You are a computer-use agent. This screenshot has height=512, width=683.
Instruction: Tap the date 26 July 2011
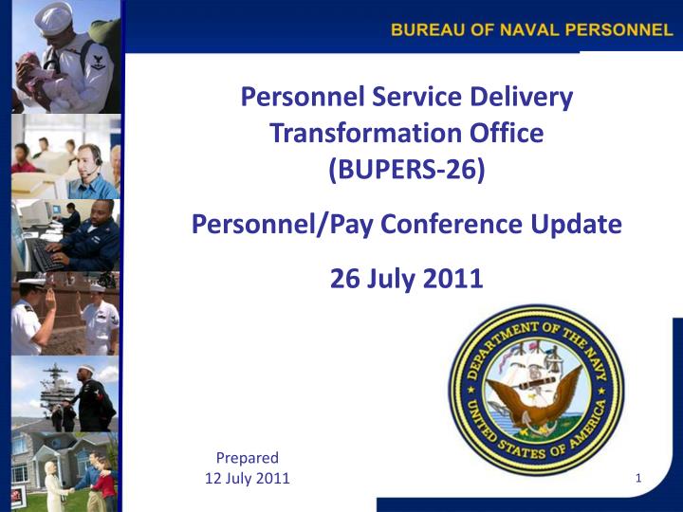click(x=406, y=279)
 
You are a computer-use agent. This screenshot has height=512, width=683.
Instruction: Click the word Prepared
click(x=248, y=458)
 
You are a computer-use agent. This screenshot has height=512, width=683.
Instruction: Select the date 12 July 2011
click(x=248, y=478)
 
